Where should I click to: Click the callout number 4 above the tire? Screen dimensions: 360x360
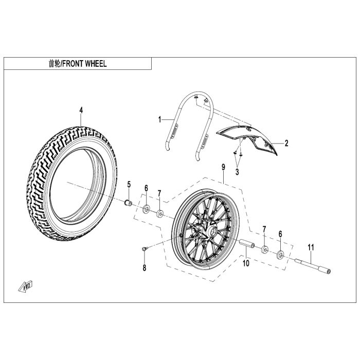(81, 110)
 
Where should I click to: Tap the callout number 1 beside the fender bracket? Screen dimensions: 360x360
(160, 119)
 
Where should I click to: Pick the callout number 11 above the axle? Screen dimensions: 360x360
(311, 248)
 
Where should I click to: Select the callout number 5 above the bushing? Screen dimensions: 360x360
(129, 184)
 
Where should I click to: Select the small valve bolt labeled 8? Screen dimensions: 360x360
(145, 249)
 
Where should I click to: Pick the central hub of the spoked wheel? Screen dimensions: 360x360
(209, 232)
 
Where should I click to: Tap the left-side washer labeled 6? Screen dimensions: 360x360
(146, 209)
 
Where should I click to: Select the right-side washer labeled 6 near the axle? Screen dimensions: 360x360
(281, 254)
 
